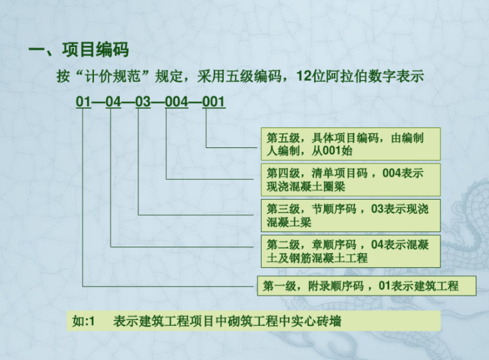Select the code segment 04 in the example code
[113, 102]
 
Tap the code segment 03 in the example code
[143, 102]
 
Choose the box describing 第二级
[350, 251]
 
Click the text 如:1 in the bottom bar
[84, 321]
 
